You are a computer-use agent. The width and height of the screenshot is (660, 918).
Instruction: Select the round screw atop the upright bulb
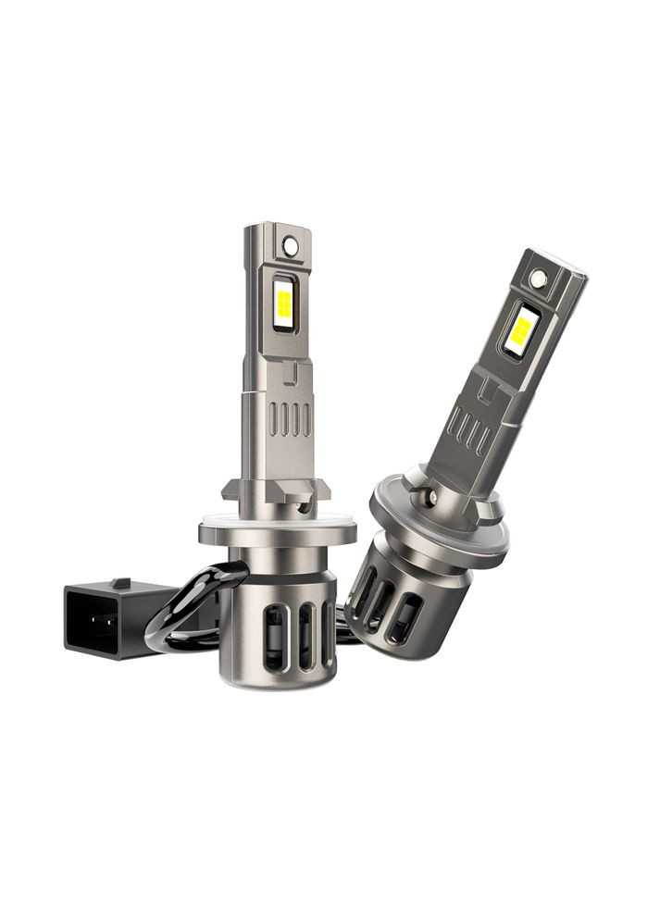[x=291, y=245]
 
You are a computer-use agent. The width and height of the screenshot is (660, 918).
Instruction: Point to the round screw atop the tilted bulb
[x=538, y=276]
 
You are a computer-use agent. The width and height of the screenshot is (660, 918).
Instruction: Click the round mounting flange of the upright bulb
[x=277, y=534]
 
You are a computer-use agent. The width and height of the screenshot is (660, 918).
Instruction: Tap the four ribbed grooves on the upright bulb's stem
[x=290, y=419]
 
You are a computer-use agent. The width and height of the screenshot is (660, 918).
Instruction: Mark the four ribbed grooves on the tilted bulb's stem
[x=469, y=431]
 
